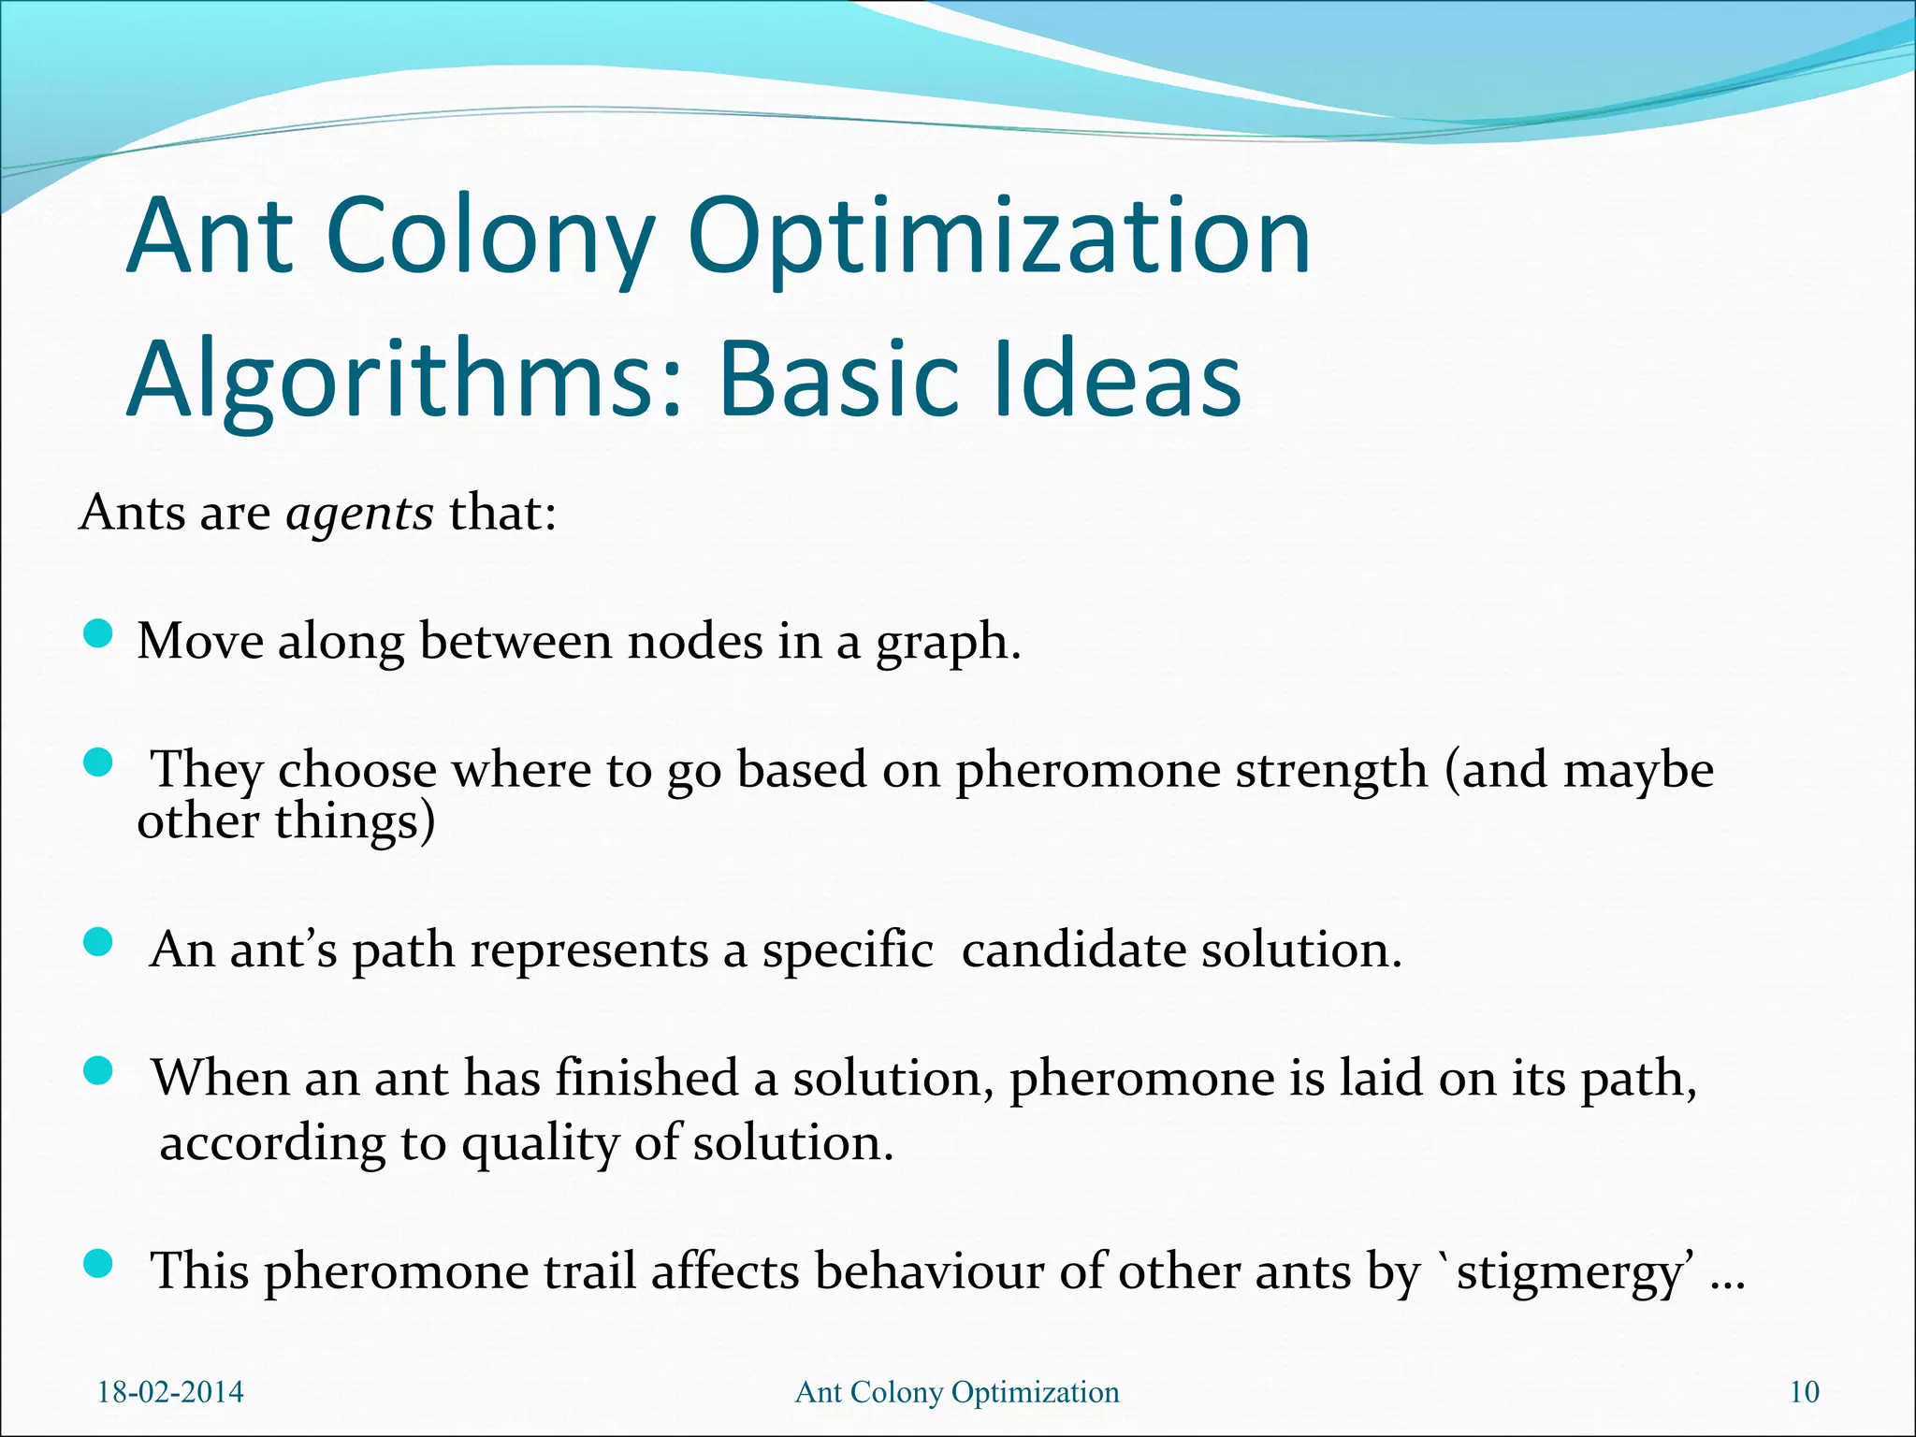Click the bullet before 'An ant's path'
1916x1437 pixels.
pos(97,942)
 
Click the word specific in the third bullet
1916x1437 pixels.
pos(848,951)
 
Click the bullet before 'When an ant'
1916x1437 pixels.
pos(97,1070)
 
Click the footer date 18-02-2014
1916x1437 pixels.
pos(170,1392)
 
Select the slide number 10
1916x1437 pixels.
pos(1804,1392)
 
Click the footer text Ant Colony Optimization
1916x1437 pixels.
pos(956,1392)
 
